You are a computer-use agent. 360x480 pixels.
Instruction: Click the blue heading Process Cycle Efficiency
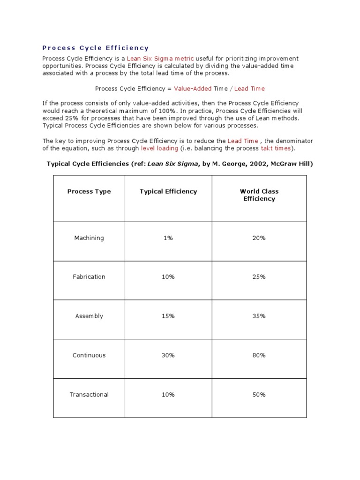click(96, 48)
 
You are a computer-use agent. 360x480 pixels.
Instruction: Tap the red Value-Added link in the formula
click(193, 89)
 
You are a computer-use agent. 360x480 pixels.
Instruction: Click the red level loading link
click(159, 148)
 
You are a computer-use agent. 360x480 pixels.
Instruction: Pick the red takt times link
click(276, 148)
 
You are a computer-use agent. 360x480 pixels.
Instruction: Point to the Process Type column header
click(89, 191)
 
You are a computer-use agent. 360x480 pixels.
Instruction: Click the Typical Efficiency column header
click(168, 191)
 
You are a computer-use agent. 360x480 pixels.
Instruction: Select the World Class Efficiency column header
click(259, 195)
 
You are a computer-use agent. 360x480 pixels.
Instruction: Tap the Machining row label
click(89, 238)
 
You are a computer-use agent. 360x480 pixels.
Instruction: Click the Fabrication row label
click(89, 277)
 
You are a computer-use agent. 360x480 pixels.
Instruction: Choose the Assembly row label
click(89, 316)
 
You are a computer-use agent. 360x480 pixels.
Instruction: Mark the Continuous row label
click(89, 355)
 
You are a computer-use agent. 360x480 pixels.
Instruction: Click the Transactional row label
click(89, 395)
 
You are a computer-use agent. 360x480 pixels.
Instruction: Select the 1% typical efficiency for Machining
click(168, 238)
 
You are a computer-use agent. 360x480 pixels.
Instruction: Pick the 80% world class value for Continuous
click(259, 355)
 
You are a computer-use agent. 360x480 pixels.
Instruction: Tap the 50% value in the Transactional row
click(259, 395)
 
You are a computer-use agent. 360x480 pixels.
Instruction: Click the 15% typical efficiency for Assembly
click(168, 316)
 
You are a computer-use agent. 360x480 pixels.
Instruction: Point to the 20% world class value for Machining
click(259, 238)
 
